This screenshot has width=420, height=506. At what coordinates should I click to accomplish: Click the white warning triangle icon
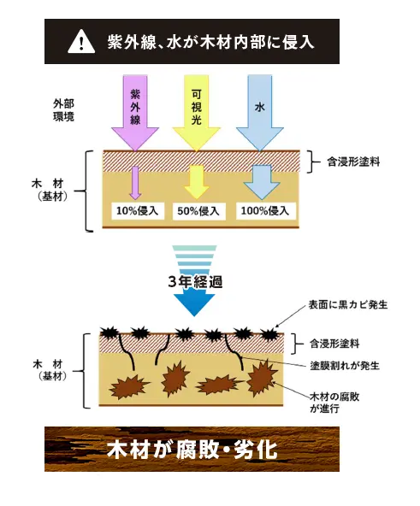81,42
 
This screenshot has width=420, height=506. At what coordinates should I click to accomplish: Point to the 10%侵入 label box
138,211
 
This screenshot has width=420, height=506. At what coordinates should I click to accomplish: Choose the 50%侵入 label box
198,211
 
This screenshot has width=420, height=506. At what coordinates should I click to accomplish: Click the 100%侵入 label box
265,211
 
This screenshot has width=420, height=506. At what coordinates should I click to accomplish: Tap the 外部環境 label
63,110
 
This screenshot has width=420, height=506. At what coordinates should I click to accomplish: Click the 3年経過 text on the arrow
196,282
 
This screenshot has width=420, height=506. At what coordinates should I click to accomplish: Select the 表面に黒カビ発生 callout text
348,304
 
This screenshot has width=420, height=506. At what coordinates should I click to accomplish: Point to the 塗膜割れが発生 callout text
345,366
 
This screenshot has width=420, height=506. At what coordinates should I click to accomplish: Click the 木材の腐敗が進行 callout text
334,403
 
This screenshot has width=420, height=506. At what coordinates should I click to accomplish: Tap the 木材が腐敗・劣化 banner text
192,450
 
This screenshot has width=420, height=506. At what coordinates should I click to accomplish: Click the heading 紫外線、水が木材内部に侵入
210,42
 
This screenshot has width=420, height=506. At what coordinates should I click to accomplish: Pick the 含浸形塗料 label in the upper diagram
353,162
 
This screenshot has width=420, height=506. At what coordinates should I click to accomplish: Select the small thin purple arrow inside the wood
135,183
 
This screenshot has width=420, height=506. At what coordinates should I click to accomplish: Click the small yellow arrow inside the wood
197,182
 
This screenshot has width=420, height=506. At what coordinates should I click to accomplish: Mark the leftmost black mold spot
109,332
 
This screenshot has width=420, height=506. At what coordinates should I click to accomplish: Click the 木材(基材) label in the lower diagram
52,370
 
